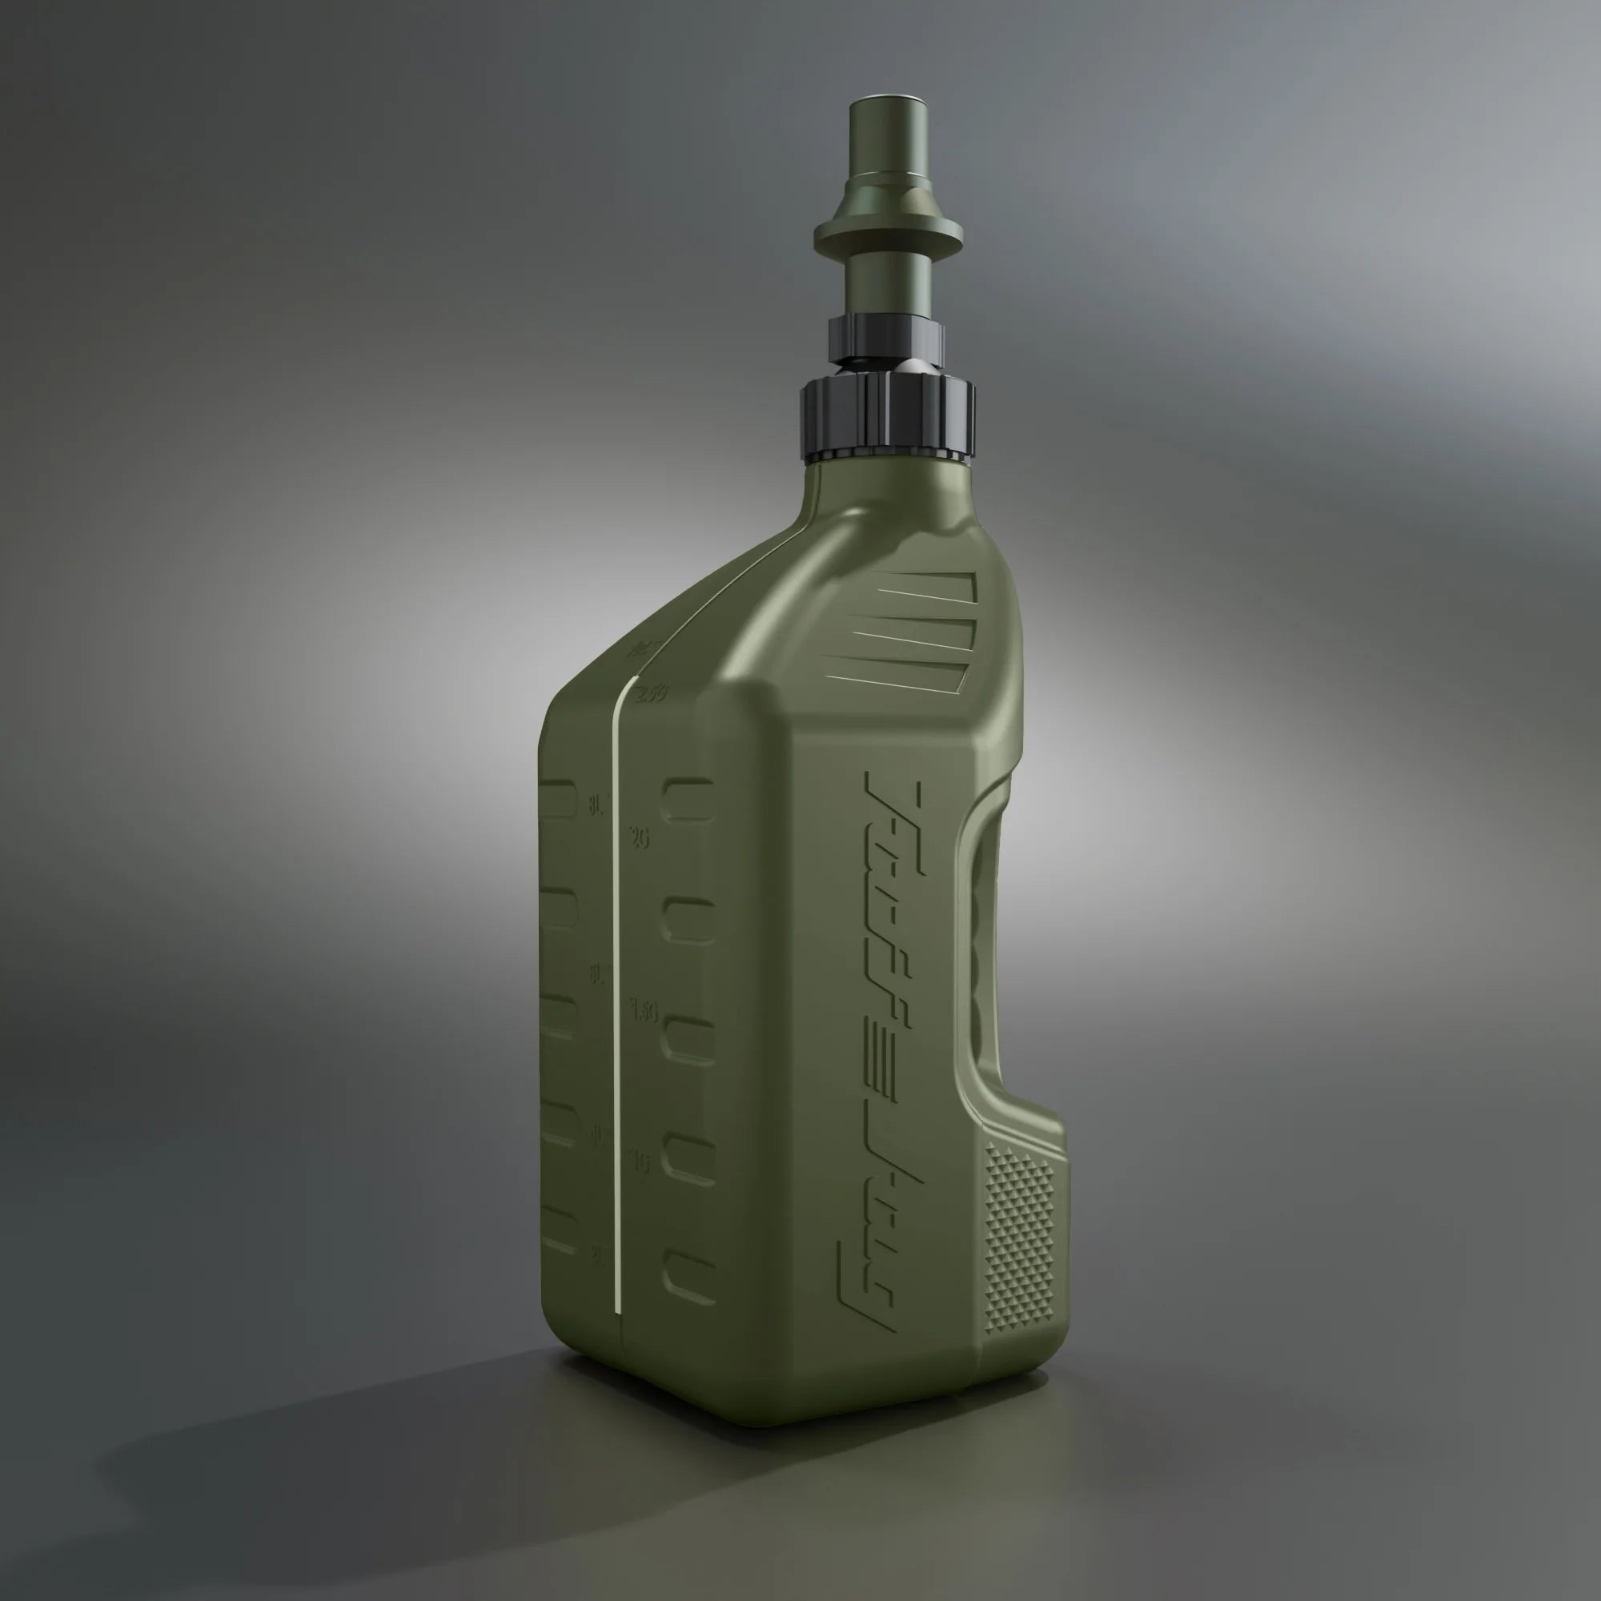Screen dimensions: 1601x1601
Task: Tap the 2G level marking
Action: pyautogui.click(x=639, y=838)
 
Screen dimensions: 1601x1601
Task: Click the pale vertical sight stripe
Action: pyautogui.click(x=616, y=994)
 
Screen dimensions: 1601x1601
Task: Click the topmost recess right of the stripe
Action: pyautogui.click(x=687, y=799)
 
